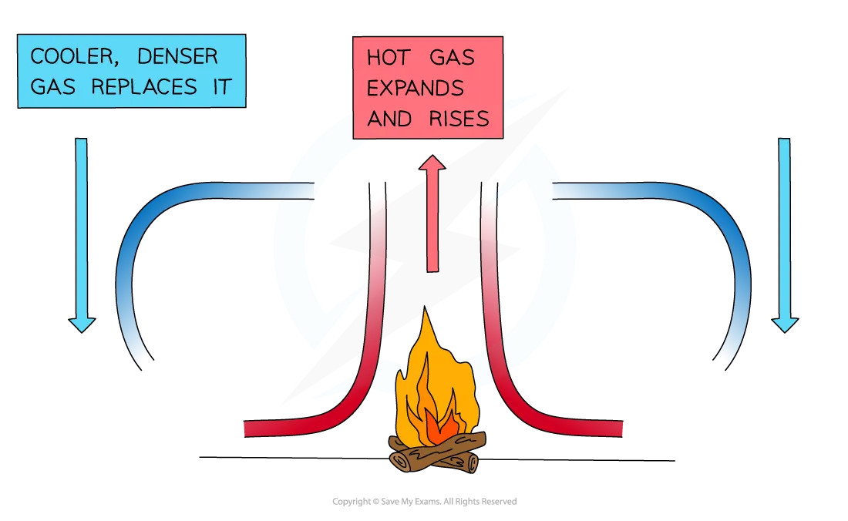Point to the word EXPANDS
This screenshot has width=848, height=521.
click(415, 88)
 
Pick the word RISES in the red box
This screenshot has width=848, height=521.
click(460, 118)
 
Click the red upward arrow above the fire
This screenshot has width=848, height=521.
click(432, 216)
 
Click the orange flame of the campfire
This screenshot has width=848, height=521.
click(455, 385)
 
